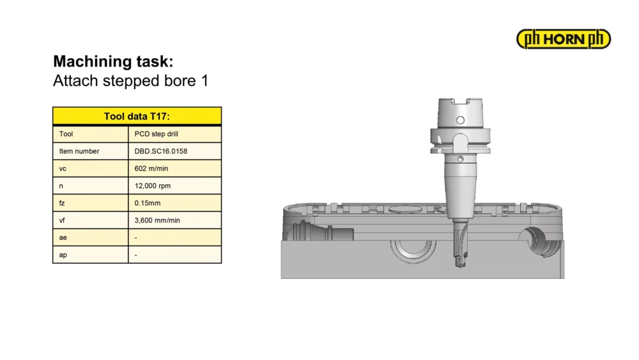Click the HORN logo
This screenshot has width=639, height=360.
tap(564, 39)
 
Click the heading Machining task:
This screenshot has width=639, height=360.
tap(113, 61)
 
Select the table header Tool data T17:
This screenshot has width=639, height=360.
tap(137, 116)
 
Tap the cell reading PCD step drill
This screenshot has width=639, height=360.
tap(156, 134)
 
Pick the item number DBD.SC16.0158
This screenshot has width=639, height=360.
tap(161, 151)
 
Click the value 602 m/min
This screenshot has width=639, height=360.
tap(151, 168)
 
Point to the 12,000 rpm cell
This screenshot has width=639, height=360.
tap(153, 185)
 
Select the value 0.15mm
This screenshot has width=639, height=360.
tap(148, 203)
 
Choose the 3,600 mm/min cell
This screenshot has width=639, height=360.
tap(157, 220)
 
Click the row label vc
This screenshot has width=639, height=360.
tap(63, 168)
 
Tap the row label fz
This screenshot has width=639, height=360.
tap(62, 203)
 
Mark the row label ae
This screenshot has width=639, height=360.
tap(63, 238)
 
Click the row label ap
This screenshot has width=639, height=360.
tap(63, 254)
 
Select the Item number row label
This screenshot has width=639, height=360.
tap(79, 151)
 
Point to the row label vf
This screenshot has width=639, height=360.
tap(62, 220)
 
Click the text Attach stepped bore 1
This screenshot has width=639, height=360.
tap(131, 81)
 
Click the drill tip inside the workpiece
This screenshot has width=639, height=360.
tap(460, 263)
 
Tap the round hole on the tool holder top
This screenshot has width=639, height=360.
tap(461, 120)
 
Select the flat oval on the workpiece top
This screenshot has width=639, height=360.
tap(405, 210)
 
